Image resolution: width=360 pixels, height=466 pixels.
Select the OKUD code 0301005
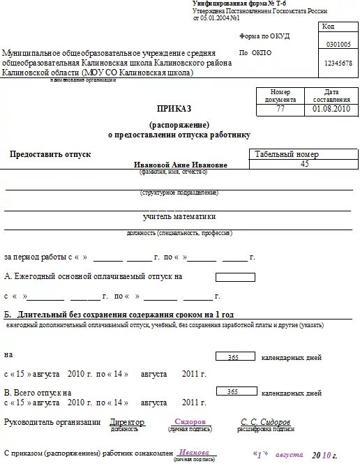[x=338, y=44]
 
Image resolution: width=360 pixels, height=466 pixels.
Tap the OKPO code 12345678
[x=338, y=63]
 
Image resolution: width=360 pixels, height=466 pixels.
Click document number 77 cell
[x=280, y=110]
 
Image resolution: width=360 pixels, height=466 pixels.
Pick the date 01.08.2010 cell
[x=327, y=110]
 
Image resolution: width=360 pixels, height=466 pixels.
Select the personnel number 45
[x=303, y=164]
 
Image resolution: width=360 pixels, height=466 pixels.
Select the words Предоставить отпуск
[x=50, y=153]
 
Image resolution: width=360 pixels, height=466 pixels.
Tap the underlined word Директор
[x=127, y=423]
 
